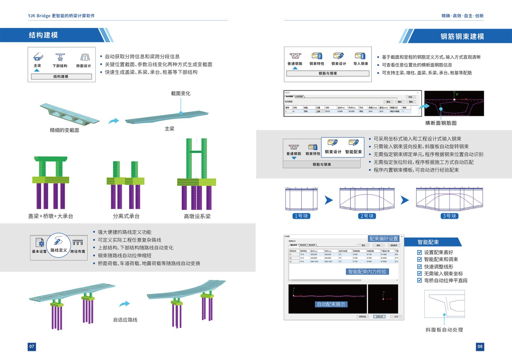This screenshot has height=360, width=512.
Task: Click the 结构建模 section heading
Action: click(43, 35)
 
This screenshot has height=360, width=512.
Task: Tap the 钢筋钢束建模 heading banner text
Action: click(462, 37)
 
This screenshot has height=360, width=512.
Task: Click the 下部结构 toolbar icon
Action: click(60, 58)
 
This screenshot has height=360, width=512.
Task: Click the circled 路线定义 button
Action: click(59, 245)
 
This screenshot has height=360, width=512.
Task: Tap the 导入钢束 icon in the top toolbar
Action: click(360, 56)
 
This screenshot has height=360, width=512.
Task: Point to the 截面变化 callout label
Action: click(180, 93)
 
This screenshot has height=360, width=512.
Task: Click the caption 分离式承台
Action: click(126, 216)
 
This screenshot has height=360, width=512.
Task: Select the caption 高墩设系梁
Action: click(197, 216)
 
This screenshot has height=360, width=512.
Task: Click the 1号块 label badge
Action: click(301, 216)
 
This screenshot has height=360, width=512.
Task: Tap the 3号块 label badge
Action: click(449, 216)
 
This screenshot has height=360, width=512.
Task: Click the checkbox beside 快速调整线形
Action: click(420, 266)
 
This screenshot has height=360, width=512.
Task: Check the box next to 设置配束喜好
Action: click(420, 252)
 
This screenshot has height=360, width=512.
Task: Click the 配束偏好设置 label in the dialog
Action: click(384, 239)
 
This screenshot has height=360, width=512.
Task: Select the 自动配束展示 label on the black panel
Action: click(331, 304)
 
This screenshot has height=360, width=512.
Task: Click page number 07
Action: click(32, 347)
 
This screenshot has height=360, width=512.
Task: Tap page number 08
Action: click(480, 347)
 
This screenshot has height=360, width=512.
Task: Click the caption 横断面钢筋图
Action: click(441, 123)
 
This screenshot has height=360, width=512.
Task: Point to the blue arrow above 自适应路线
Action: click(124, 304)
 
